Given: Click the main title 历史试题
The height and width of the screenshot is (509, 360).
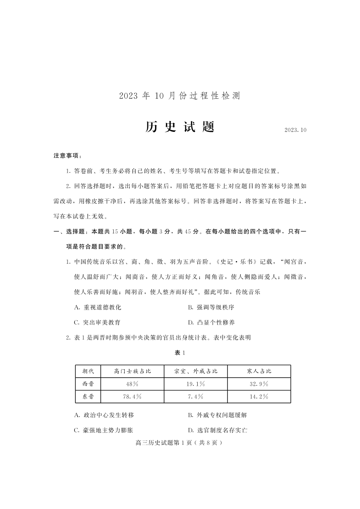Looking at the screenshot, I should [x=180, y=127].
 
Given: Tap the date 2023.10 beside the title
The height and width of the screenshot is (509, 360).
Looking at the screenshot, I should [x=296, y=130].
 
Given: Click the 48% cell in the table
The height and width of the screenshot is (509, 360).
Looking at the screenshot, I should [x=132, y=384].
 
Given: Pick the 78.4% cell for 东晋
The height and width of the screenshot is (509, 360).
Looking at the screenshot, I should [x=132, y=397].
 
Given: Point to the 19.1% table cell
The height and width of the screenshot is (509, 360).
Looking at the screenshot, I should [x=196, y=384].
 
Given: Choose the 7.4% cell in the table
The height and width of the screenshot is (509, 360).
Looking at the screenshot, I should [x=196, y=397].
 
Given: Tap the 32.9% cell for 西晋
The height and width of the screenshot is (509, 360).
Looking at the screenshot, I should [x=259, y=384].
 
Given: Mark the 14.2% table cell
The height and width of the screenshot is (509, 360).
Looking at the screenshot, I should [x=259, y=397].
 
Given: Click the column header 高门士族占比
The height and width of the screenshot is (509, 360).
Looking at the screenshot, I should [x=132, y=371].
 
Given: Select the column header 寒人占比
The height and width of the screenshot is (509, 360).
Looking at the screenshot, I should [x=259, y=371].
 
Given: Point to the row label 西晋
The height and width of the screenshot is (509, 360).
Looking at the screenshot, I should [x=88, y=384].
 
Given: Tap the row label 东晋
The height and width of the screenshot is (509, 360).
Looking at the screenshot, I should [x=88, y=397].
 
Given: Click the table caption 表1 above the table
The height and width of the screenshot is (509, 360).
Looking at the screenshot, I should [x=180, y=353].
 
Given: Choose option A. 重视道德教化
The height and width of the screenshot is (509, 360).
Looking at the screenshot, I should [x=97, y=307].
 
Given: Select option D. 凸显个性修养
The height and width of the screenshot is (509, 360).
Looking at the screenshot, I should [x=211, y=322].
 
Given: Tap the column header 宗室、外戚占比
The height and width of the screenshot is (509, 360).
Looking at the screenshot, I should [x=196, y=371].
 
